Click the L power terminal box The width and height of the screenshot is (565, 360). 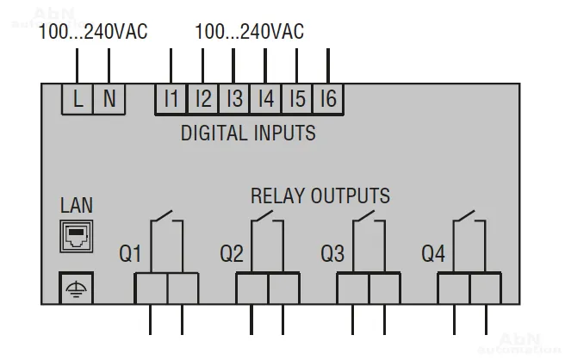78,98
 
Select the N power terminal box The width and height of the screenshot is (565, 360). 109,98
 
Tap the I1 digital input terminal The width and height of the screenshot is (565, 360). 171,98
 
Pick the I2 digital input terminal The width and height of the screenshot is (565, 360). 202,98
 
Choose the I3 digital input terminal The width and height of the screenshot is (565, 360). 233,98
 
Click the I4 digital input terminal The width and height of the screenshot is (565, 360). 265,98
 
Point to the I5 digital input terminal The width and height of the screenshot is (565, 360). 296,98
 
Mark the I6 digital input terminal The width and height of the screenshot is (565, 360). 327,98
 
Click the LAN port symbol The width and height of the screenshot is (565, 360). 76,236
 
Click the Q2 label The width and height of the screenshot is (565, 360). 232,254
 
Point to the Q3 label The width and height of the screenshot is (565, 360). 332,254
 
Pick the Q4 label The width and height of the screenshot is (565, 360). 433,254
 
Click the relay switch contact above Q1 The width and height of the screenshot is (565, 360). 166,220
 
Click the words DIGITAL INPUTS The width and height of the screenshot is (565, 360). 248,133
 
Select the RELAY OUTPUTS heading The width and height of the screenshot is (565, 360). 320,196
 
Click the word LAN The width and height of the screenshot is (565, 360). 77,206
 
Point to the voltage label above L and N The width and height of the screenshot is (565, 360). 93,32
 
